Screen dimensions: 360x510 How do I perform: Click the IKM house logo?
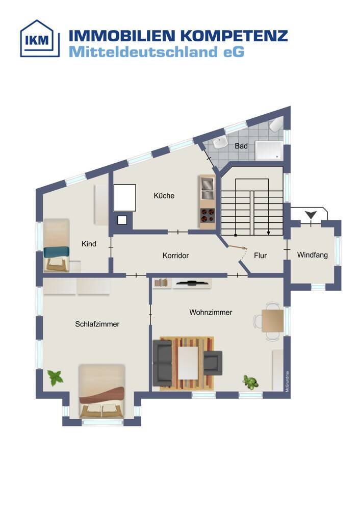coord(40,39)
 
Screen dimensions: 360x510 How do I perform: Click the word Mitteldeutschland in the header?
coord(143,52)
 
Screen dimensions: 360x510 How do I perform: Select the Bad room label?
coord(241,146)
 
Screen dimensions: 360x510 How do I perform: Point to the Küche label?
coord(164,195)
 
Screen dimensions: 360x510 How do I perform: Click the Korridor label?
coord(175,256)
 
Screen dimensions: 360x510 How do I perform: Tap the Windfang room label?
coord(312,255)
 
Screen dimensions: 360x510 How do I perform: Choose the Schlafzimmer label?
coord(97,324)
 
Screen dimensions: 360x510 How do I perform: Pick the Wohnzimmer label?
coord(211,312)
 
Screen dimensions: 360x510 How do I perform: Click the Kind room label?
coord(89,244)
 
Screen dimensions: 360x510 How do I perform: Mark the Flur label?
coord(260,256)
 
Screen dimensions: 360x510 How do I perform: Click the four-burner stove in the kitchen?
coord(207,215)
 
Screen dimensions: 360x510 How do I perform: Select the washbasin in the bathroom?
coord(220,143)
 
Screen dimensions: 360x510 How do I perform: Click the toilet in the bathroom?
coord(276,125)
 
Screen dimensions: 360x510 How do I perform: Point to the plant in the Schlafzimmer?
coord(55,377)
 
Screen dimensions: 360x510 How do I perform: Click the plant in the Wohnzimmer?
coord(250,381)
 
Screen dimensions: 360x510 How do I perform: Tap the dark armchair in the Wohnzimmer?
coord(213,362)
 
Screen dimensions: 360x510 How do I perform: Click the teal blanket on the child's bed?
coord(57,252)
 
